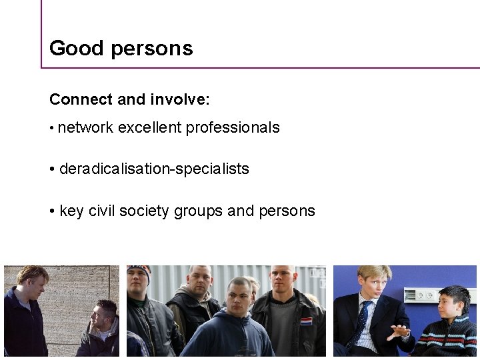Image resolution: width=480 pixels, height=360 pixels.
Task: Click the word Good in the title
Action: point(67,48)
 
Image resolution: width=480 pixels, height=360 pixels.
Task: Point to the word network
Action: point(85,127)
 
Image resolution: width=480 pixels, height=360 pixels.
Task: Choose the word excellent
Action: point(150,127)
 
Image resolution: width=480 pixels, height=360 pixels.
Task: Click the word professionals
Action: point(233,127)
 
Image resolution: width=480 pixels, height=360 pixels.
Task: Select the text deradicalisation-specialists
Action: point(154,169)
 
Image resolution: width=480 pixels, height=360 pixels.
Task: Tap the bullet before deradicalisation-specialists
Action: point(52,169)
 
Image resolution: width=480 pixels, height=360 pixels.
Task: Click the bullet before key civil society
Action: point(52,211)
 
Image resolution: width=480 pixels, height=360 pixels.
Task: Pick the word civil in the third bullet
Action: point(102,211)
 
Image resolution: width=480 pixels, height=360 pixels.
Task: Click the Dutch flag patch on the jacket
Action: point(305,321)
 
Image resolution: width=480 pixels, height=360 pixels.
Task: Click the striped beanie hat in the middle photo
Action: point(139,271)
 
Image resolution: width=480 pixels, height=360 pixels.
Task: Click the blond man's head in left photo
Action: point(31,280)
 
